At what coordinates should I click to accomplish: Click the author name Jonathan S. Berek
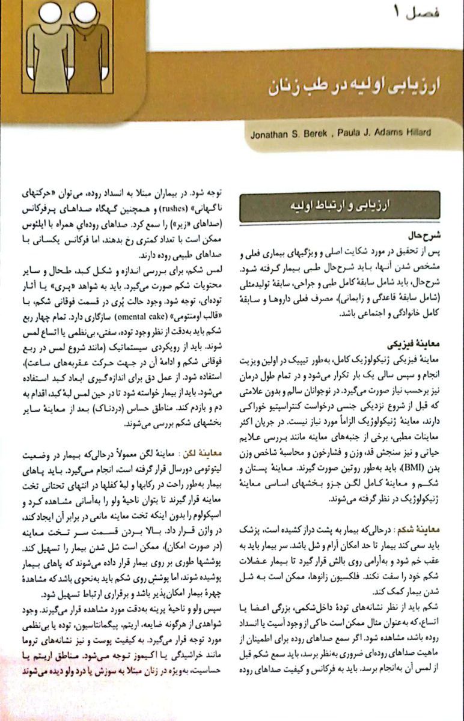(286, 134)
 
